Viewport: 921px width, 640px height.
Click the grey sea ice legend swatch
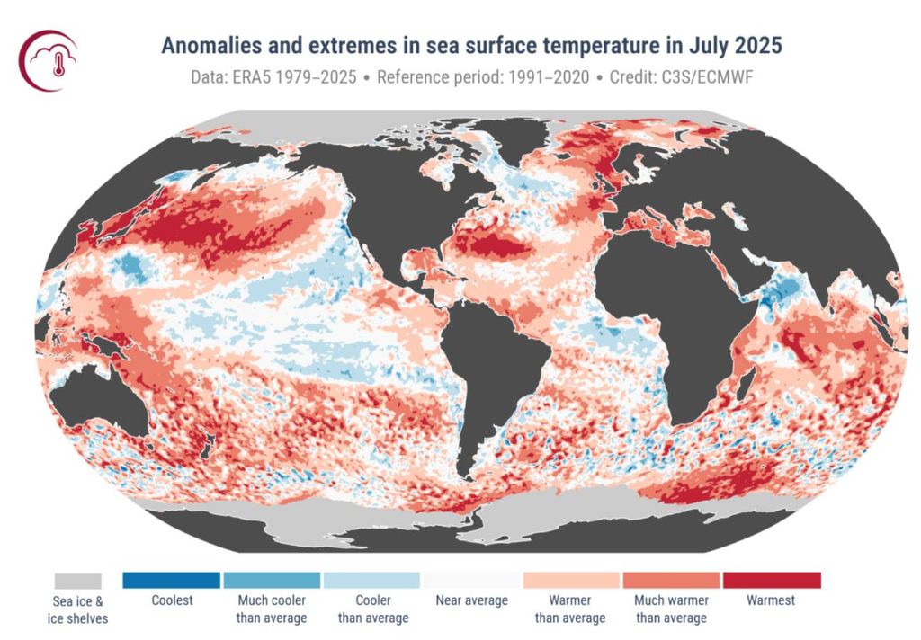pos(77,581)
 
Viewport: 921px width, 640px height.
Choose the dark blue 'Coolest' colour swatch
pos(171,581)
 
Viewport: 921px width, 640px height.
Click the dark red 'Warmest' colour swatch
pos(772,581)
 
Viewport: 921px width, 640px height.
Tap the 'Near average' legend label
pos(471,600)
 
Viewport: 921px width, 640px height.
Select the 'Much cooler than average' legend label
pos(272,609)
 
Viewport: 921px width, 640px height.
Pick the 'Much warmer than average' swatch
pos(671,581)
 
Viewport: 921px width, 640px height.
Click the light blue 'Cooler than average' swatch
pos(371,581)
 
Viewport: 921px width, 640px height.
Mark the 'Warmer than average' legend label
pos(571,609)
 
